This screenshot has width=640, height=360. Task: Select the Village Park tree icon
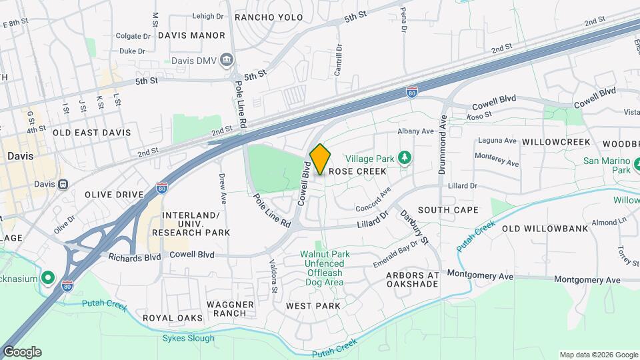click(403, 158)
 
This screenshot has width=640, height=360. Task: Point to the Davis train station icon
click(63, 184)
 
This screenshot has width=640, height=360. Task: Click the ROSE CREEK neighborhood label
click(357, 171)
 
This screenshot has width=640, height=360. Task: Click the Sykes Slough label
click(189, 338)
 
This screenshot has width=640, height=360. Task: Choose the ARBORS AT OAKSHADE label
click(412, 279)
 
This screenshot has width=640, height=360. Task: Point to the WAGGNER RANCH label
click(230, 309)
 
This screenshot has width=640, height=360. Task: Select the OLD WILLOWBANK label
click(545, 229)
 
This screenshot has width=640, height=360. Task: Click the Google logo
click(21, 352)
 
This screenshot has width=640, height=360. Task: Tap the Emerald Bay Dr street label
click(395, 253)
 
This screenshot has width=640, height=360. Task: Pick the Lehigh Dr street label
click(208, 16)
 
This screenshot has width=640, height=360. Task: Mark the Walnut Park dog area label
click(324, 268)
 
